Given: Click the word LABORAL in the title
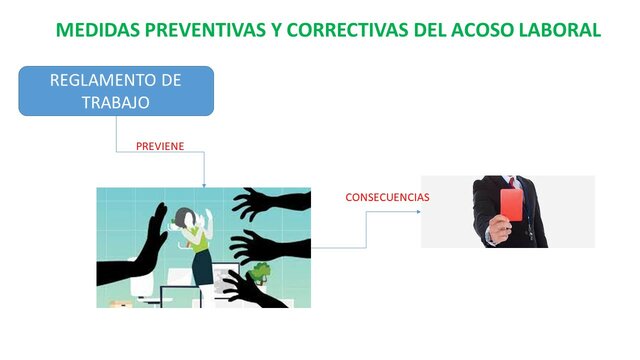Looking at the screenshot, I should [561, 29].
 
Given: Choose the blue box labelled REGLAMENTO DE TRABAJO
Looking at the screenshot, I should [116, 91].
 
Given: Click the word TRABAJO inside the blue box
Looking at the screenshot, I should [116, 101].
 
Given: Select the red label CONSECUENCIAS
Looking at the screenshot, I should [387, 197].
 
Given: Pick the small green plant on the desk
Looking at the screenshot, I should [262, 269].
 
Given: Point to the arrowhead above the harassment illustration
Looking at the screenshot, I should [204, 184].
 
